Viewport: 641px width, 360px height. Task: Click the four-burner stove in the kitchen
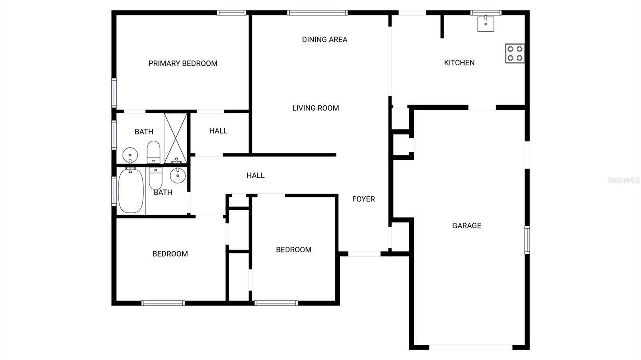tap(514, 53)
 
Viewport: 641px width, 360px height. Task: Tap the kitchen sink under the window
tap(486, 24)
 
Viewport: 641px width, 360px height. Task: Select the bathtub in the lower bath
tap(131, 191)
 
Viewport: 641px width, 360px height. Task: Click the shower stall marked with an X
tap(175, 138)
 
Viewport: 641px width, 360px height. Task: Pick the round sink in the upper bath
tap(130, 154)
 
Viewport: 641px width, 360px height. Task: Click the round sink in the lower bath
tap(177, 175)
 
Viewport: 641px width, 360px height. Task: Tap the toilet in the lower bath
tap(155, 178)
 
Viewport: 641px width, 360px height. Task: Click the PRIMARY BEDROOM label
tap(183, 63)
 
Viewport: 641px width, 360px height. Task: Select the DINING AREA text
tap(325, 39)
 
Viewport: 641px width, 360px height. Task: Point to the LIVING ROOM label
tap(315, 108)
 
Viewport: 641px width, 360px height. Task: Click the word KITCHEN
tap(459, 62)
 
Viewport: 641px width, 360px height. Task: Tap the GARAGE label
tap(466, 225)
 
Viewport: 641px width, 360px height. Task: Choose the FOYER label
tap(363, 199)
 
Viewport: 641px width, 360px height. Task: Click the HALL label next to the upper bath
tap(218, 131)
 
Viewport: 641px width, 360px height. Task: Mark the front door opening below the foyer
tap(364, 254)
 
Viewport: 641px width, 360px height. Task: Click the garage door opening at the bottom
tap(470, 347)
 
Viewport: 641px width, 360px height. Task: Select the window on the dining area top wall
tap(317, 13)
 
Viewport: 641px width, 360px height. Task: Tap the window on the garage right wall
tap(527, 240)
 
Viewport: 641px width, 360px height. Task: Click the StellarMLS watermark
tap(623, 180)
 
